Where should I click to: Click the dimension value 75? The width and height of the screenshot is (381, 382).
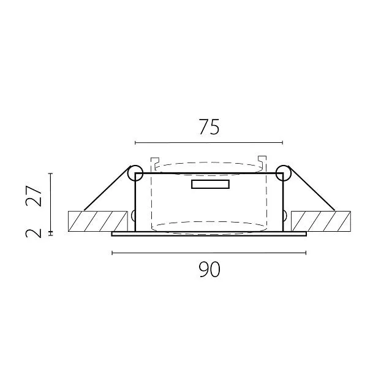tap(209, 127)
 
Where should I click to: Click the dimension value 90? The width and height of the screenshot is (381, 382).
tap(209, 269)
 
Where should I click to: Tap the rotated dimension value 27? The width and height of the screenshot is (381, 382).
tap(34, 196)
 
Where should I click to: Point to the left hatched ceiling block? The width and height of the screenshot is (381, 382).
tap(97, 221)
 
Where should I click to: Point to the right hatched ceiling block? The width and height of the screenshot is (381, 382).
tap(321, 221)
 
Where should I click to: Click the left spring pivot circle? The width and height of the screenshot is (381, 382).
tap(135, 173)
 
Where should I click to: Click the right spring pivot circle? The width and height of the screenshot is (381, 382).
tap(284, 173)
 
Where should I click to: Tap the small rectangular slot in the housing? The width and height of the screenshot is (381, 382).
tap(210, 184)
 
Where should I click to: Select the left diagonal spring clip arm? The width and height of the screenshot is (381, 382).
tap(106, 189)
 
